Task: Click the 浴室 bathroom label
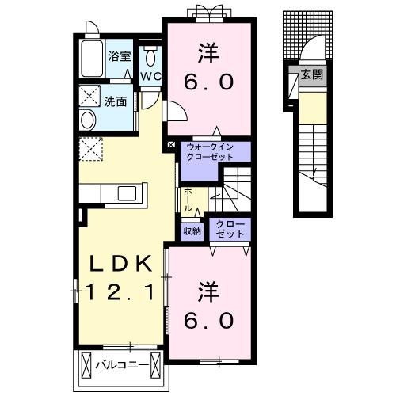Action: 119,57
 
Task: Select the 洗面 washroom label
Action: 117,101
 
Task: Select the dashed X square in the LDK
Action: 89,149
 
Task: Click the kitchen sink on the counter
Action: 127,193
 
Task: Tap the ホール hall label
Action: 187,198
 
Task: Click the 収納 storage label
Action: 192,231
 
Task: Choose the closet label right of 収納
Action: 227,230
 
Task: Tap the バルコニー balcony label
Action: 123,365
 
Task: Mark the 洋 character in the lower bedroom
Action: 208,290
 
